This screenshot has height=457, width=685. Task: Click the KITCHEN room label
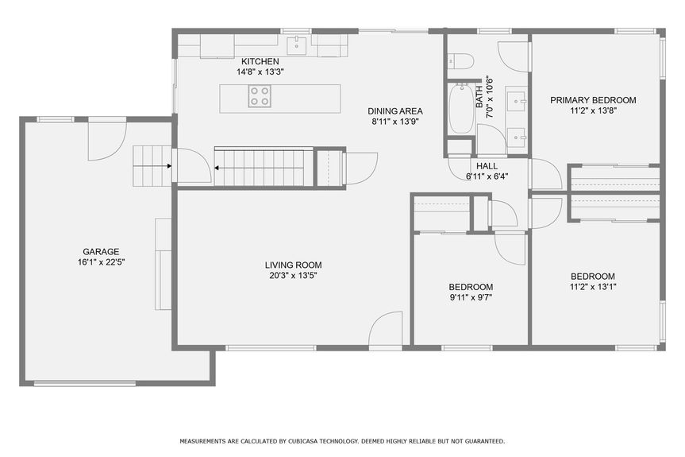pyautogui.click(x=260, y=60)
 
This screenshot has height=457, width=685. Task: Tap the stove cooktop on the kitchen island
pyautogui.click(x=260, y=96)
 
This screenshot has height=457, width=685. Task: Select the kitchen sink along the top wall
pyautogui.click(x=298, y=43)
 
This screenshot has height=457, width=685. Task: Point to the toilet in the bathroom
pyautogui.click(x=460, y=60)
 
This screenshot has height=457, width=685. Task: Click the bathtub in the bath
pyautogui.click(x=460, y=109)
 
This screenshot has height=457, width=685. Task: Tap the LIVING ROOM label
pyautogui.click(x=293, y=265)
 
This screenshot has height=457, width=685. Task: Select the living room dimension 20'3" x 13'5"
pyautogui.click(x=293, y=276)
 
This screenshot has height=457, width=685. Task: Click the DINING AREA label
pyautogui.click(x=394, y=111)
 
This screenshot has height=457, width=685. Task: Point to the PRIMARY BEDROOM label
pyautogui.click(x=593, y=100)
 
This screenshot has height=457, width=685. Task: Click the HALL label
pyautogui.click(x=487, y=166)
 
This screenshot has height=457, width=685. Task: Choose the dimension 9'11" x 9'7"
pyautogui.click(x=471, y=298)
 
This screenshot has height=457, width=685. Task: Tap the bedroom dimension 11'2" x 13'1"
pyautogui.click(x=592, y=287)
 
